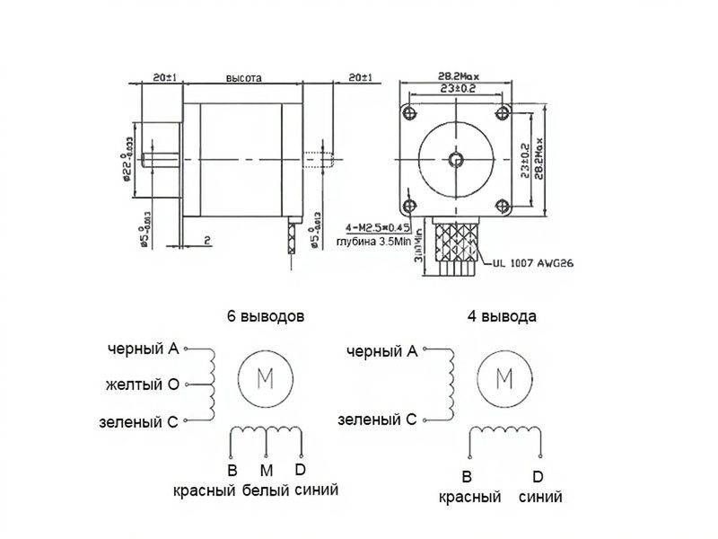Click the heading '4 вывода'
pos(503,317)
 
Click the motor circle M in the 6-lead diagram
pos(266,378)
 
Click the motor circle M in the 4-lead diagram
pos(504,378)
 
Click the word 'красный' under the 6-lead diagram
pos(205,491)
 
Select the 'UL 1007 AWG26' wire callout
pos(533,265)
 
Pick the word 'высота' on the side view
pos(243,78)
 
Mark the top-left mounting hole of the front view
pos(410,112)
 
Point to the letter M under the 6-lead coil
pos(266,470)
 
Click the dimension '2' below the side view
pos(206,241)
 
